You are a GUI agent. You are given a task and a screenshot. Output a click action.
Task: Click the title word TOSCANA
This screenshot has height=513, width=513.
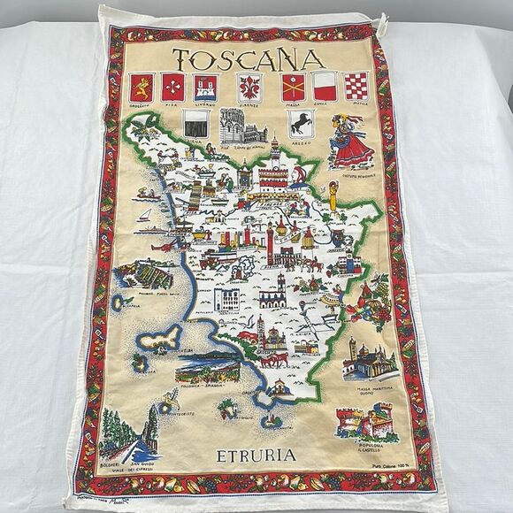tap(246, 60)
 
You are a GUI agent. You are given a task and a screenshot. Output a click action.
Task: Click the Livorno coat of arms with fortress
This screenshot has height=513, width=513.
tap(206, 88)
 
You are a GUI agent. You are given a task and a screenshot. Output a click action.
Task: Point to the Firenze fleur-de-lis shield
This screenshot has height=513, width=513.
tap(249, 88)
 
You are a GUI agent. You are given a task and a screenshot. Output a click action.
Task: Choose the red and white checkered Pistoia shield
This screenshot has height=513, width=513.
tap(356, 87)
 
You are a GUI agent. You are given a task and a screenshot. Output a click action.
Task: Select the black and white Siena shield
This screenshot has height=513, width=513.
tap(196, 124)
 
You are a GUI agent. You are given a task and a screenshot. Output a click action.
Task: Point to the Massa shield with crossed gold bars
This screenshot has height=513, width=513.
tap(294, 88)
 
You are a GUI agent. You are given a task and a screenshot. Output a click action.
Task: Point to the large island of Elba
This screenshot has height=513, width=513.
tap(161, 338)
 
